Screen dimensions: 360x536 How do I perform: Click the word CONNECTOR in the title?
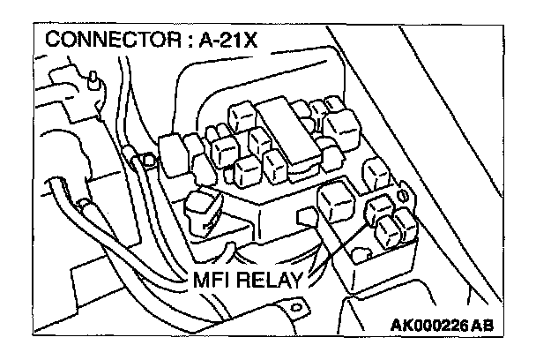pyautogui.click(x=97, y=42)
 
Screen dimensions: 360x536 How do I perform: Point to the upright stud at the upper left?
pyautogui.click(x=91, y=82)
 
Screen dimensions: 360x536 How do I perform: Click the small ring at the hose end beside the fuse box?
pyautogui.click(x=138, y=159)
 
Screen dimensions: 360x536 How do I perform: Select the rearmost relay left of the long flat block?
pyautogui.click(x=241, y=116)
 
